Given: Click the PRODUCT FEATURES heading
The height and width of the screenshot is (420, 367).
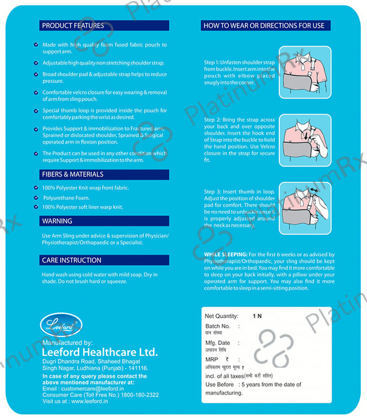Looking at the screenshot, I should (73, 25).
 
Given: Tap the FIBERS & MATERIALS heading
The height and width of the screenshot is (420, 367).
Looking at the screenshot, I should (73, 174).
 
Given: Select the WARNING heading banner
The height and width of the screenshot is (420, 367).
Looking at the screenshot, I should (104, 221).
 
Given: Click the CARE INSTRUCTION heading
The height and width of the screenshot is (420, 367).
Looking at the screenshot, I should (72, 260).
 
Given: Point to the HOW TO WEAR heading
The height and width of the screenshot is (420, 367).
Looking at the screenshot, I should (264, 25).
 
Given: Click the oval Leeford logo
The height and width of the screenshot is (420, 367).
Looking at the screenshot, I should (61, 325).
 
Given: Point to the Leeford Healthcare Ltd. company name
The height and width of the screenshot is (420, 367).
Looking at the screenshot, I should (100, 352).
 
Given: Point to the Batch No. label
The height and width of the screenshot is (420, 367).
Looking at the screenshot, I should (218, 326).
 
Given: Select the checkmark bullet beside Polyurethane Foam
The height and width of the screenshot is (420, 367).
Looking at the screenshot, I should (36, 197).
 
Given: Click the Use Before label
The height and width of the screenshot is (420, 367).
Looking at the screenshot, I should (220, 384).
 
